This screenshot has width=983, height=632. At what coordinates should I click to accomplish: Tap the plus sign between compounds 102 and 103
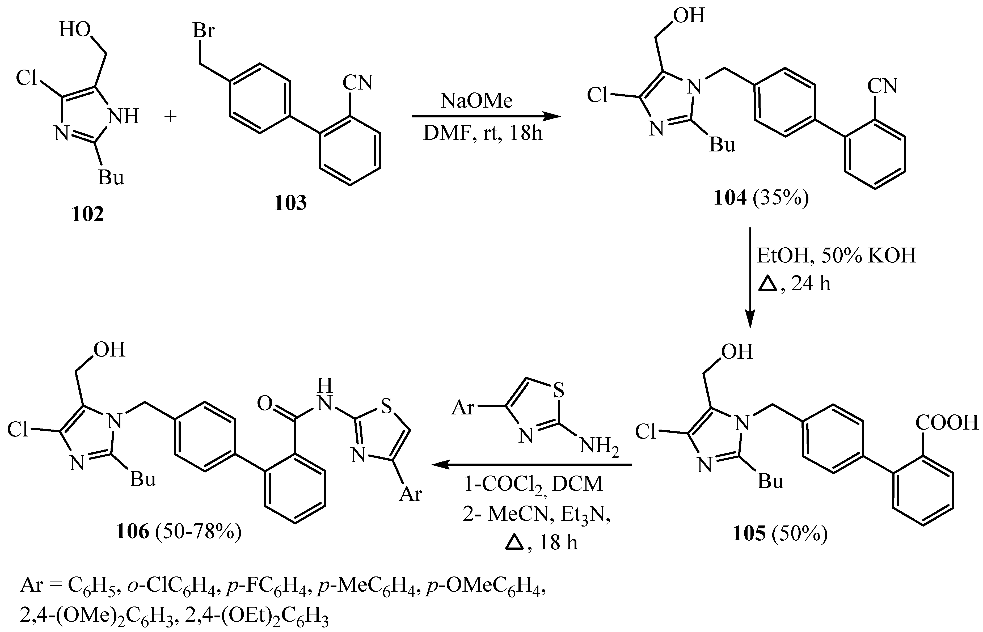[170, 117]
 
